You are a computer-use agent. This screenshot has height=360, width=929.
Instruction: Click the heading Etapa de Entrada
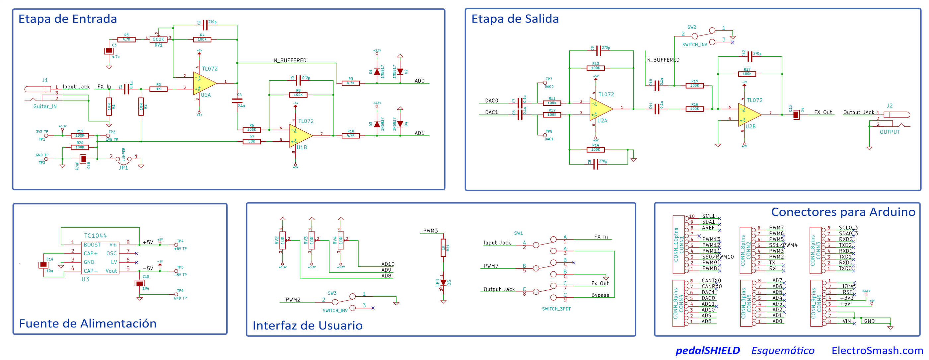pos(67,19)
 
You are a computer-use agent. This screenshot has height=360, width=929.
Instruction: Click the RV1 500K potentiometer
pos(158,39)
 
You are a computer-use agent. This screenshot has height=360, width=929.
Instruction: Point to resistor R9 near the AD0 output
pos(351,83)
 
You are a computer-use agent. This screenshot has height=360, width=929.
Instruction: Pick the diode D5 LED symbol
pos(443,283)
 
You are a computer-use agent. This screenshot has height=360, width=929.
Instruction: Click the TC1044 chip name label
pos(95,236)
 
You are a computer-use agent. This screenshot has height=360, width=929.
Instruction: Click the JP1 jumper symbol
pos(123,159)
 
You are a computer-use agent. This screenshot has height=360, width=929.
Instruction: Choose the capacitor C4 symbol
pos(237,100)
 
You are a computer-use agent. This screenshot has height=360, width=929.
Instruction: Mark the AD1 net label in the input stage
pos(419,133)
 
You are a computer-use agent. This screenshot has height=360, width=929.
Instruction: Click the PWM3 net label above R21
pos(430,231)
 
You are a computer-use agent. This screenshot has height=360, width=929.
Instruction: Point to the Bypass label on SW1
pos(600,295)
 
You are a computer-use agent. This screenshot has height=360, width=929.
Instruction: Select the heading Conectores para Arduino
pos(843,212)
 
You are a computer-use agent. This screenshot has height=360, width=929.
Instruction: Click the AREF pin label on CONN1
pos(708,228)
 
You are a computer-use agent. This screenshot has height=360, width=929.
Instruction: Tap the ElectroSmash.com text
pos(877,350)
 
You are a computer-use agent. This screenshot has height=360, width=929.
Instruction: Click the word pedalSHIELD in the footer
pos(708,350)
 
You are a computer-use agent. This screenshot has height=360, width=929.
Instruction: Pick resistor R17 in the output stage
pos(747,74)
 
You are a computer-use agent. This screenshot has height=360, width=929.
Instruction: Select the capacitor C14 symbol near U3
pos(43,265)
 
